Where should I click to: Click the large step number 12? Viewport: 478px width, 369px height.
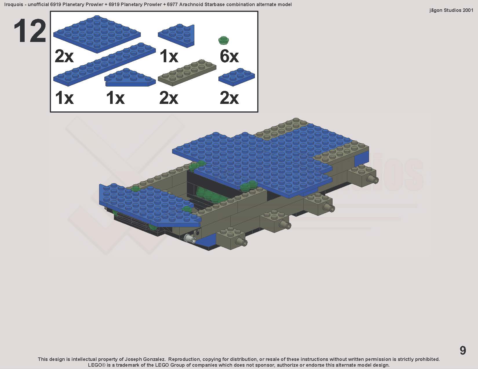click(x=30, y=31)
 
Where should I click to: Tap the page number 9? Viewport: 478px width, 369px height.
click(x=463, y=350)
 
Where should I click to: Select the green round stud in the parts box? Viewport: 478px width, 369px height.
click(x=224, y=40)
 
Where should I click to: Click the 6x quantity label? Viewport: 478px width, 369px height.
click(x=229, y=56)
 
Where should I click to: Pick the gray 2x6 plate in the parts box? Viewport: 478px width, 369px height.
click(x=187, y=72)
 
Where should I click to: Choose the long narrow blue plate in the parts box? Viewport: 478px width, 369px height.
click(x=105, y=64)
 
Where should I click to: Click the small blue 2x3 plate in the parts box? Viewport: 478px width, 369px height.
click(x=237, y=77)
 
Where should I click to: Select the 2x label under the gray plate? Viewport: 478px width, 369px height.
click(x=169, y=98)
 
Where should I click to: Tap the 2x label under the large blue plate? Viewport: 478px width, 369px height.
click(x=64, y=56)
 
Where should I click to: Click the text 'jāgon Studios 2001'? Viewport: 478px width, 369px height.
click(x=451, y=10)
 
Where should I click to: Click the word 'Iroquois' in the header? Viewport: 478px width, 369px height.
click(x=14, y=4)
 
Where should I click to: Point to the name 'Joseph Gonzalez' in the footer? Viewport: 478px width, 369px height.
click(x=145, y=359)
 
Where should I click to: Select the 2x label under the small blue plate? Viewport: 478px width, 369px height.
click(x=229, y=98)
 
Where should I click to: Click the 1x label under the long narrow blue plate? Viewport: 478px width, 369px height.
click(x=64, y=98)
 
